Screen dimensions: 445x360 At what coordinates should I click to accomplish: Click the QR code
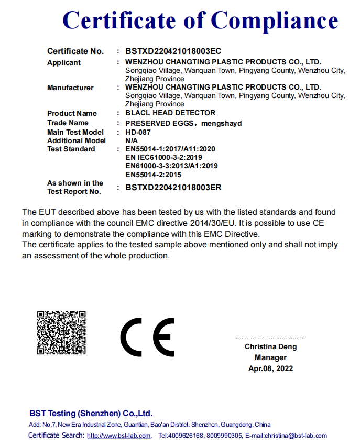61,333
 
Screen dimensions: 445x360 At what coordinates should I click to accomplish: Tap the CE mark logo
147,337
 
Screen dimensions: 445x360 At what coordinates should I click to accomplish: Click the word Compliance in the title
275,21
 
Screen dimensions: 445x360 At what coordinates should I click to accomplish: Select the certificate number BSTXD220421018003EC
173,51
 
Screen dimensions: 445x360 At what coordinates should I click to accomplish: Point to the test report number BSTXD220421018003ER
173,187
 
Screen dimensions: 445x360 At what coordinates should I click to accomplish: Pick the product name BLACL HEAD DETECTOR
170,113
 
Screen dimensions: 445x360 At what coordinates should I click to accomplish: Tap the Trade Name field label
68,123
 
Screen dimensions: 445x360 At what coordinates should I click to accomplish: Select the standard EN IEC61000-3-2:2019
163,157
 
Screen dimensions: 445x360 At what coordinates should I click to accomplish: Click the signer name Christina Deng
270,346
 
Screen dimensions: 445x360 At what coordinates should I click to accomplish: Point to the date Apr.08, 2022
270,368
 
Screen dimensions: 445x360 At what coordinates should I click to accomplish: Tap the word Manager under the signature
270,357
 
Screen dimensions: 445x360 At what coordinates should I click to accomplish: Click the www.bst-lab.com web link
119,436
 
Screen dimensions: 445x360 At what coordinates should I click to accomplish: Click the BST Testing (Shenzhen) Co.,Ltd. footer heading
91,413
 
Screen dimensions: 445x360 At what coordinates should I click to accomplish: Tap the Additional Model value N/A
132,140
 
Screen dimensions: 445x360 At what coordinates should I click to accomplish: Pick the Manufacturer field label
70,88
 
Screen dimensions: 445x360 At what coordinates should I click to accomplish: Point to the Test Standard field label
71,149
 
